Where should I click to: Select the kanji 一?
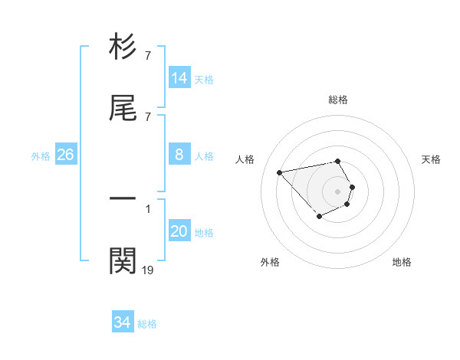click(x=123, y=198)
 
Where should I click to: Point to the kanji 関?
click(x=123, y=260)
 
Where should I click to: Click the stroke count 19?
click(x=148, y=270)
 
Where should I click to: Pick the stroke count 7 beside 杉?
click(x=147, y=56)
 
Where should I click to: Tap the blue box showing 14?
click(x=179, y=78)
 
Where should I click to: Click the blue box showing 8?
click(x=179, y=155)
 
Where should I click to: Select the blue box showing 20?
click(x=179, y=231)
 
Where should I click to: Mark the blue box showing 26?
click(x=66, y=155)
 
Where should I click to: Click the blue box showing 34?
click(x=123, y=322)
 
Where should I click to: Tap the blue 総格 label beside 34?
click(x=147, y=324)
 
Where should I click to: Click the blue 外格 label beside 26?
click(x=41, y=156)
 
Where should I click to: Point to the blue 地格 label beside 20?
click(x=204, y=233)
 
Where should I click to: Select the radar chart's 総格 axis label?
click(x=338, y=100)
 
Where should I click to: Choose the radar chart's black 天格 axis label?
click(x=431, y=159)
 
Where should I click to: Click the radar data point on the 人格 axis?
click(x=280, y=172)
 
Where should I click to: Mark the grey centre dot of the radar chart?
click(x=338, y=191)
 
